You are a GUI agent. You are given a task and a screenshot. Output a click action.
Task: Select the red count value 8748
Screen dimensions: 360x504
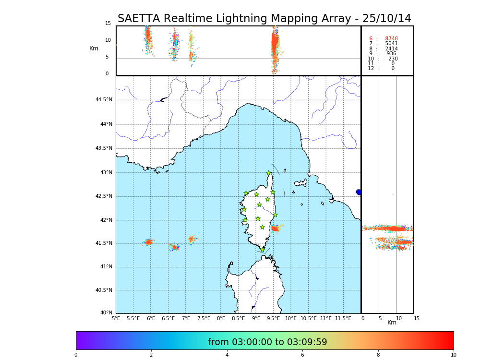pyautogui.click(x=391, y=39)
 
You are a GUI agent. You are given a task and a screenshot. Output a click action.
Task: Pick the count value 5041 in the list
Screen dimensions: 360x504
pyautogui.click(x=391, y=44)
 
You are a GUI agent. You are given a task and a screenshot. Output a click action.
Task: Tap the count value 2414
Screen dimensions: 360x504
pyautogui.click(x=391, y=49)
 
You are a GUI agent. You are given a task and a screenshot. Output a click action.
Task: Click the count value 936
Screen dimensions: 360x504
pyautogui.click(x=391, y=54)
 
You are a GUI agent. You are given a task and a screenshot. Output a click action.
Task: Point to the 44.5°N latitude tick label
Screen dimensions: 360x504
pyautogui.click(x=104, y=100)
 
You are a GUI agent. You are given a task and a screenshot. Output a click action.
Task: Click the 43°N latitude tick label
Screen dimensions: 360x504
pyautogui.click(x=105, y=172)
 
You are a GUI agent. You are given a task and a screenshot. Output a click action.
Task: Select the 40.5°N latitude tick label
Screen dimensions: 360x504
pyautogui.click(x=104, y=290)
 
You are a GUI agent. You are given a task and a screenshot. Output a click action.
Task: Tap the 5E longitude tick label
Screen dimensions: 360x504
pyautogui.click(x=116, y=318)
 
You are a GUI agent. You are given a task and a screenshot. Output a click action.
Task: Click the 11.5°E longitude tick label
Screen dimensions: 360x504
pyautogui.click(x=343, y=318)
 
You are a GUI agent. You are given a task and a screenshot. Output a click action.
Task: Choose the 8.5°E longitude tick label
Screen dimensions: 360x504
pyautogui.click(x=238, y=318)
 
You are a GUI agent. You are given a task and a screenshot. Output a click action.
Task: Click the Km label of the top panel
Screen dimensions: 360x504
pyautogui.click(x=94, y=48)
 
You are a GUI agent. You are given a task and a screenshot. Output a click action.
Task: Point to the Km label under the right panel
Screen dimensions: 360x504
pyautogui.click(x=392, y=323)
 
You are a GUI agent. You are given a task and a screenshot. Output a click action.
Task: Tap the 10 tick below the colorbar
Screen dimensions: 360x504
pyautogui.click(x=453, y=355)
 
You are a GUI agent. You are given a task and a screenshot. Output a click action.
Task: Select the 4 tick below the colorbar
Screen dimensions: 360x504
pyautogui.click(x=227, y=355)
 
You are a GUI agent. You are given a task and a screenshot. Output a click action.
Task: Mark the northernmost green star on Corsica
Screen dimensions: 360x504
pyautogui.click(x=269, y=173)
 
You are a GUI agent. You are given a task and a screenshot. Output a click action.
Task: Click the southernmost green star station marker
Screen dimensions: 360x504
pyautogui.click(x=262, y=250)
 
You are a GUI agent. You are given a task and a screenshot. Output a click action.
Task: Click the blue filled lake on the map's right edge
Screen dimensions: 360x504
pyautogui.click(x=359, y=192)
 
